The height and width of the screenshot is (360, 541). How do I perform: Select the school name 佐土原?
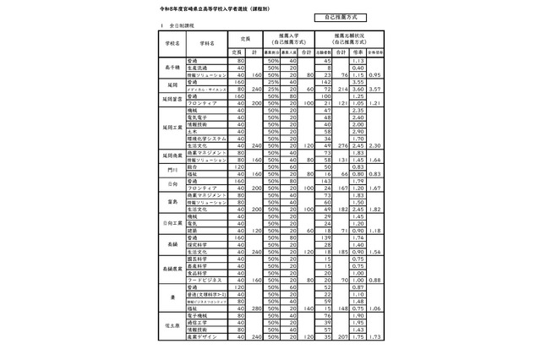(173, 325)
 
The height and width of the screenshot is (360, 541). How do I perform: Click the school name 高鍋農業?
(173, 268)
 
